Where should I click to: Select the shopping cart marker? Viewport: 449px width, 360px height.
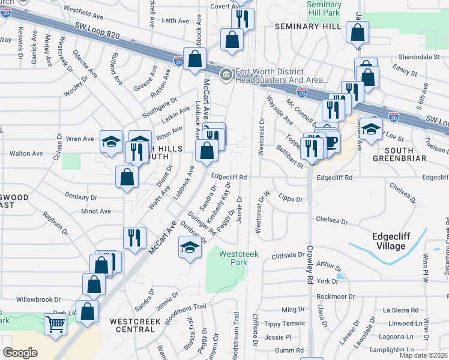[x=55, y=325]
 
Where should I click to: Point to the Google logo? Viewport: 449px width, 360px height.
[x=20, y=353]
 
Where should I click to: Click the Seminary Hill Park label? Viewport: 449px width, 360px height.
[x=324, y=8]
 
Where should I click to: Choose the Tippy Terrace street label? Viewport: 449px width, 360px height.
[x=285, y=323]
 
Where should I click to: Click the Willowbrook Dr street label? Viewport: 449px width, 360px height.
[x=39, y=299]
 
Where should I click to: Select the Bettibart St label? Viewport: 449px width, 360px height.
[x=290, y=156]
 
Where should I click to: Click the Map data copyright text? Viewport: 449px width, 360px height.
[x=424, y=355]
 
